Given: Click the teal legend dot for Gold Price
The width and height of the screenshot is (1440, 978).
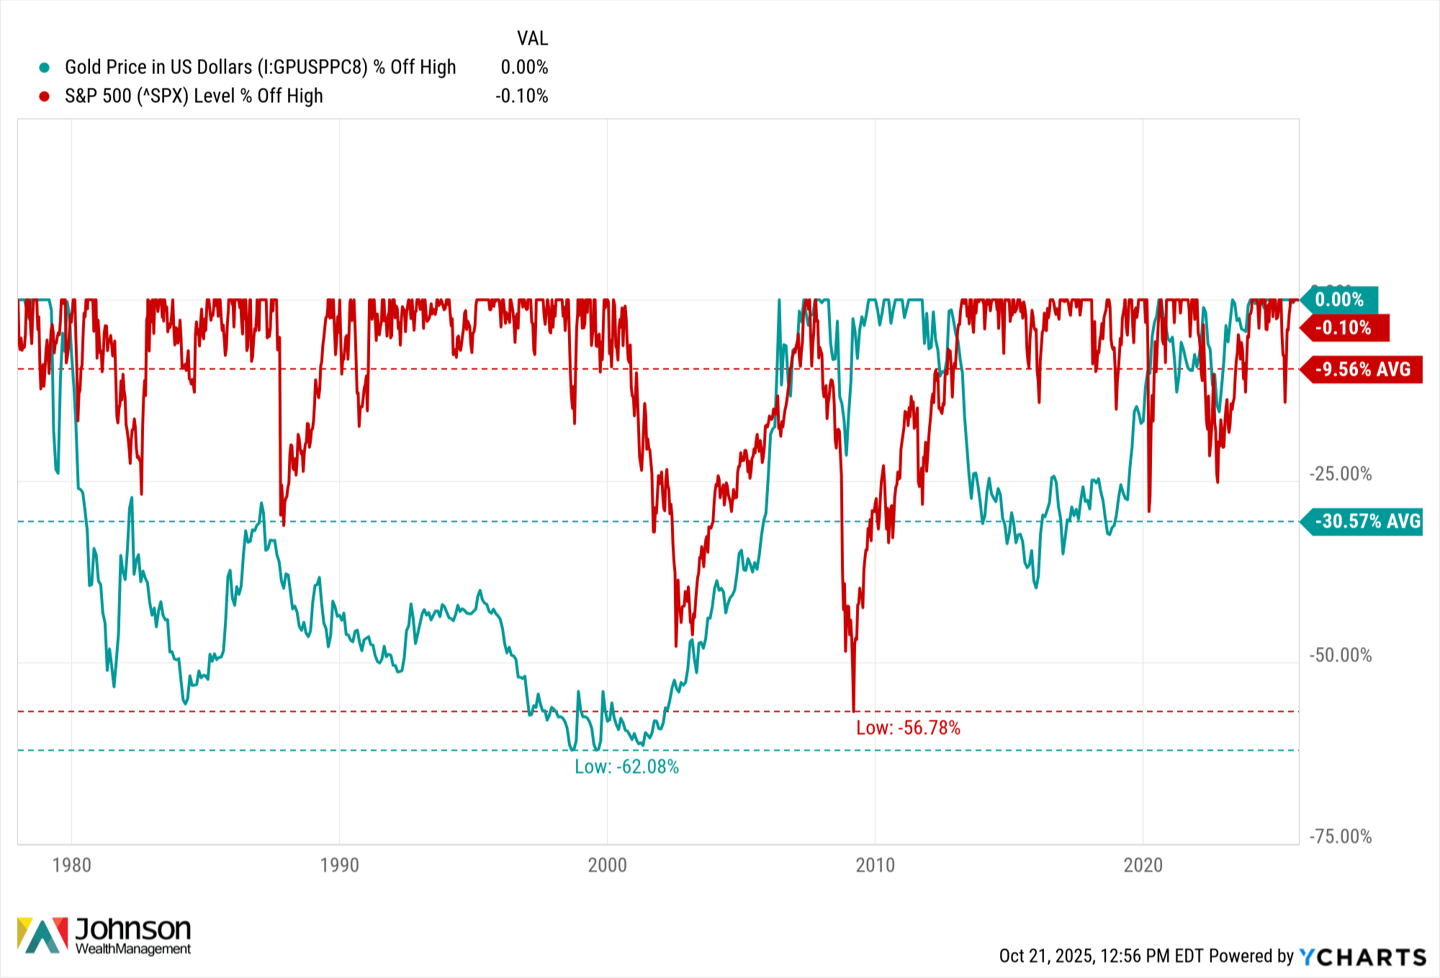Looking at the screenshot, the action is (x=45, y=68).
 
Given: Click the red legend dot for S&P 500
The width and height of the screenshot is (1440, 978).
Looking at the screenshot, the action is (x=45, y=96).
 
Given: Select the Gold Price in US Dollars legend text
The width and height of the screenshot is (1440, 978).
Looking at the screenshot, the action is (x=261, y=68).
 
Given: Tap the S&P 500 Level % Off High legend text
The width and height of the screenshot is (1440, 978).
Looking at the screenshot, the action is (x=194, y=96).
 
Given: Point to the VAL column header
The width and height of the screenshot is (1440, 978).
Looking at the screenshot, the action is (x=533, y=38).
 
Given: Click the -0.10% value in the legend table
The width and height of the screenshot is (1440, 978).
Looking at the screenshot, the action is (x=522, y=96).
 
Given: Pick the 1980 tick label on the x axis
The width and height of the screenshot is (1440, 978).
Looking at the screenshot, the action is (x=72, y=865).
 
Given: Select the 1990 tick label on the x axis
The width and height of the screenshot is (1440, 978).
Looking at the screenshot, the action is (x=339, y=865).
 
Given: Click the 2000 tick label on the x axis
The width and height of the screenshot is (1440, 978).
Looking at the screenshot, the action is (x=607, y=865).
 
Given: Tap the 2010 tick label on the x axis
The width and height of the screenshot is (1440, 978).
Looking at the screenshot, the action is (x=875, y=865).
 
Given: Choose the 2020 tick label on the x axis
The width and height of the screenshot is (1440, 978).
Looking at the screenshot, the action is (x=1143, y=865).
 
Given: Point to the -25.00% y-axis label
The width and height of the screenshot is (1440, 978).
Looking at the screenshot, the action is (x=1341, y=474).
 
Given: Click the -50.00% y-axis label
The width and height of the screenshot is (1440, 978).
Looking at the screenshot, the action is (x=1341, y=656).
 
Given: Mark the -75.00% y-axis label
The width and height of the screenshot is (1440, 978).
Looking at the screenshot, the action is (x=1341, y=837).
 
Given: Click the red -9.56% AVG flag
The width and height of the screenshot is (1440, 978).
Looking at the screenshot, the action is (x=1362, y=370).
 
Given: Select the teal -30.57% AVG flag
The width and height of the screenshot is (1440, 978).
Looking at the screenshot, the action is (x=1362, y=522).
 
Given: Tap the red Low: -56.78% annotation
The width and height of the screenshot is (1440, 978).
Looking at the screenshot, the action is (x=908, y=728).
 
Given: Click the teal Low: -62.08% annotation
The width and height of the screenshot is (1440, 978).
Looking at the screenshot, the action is (x=626, y=767).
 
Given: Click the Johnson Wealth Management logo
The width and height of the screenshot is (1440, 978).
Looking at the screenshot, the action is (x=104, y=936).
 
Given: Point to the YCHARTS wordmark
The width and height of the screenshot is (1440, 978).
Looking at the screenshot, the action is (x=1362, y=957).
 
